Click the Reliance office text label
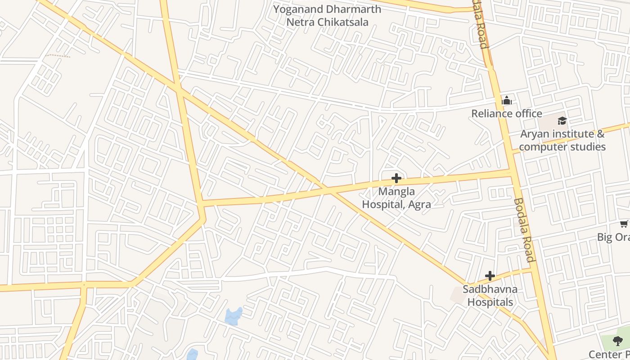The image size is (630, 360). click(506, 113)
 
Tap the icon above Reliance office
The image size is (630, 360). click(507, 100)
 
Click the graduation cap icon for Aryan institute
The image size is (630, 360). click(562, 121)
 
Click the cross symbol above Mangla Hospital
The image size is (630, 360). click(396, 178)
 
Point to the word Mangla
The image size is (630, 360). click(396, 192)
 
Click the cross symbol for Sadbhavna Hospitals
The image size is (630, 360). click(490, 276)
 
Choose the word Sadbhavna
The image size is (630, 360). click(490, 289)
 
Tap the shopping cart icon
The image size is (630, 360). click(624, 224)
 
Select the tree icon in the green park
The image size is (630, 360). click(618, 341)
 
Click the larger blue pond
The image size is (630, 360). click(233, 316)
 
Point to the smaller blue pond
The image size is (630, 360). click(192, 354)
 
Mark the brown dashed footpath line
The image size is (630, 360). click(58, 56)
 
